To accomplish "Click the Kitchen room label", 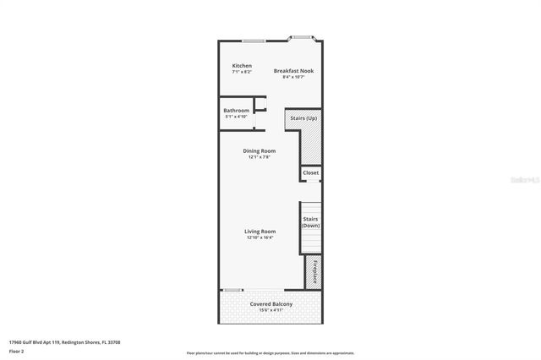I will pyautogui.click(x=242, y=66).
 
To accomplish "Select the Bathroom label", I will pyautogui.click(x=237, y=111).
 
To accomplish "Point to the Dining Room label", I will pyautogui.click(x=260, y=151).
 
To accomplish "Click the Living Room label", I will pyautogui.click(x=260, y=232).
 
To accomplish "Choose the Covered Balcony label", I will pyautogui.click(x=271, y=303).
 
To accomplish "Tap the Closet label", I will pyautogui.click(x=311, y=172).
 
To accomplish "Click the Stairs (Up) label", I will pyautogui.click(x=303, y=117).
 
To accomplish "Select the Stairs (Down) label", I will pyautogui.click(x=310, y=222).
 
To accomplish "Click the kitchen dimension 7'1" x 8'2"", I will pyautogui.click(x=242, y=72).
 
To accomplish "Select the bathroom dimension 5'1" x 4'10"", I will pyautogui.click(x=237, y=117).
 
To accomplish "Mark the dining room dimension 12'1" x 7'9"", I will pyautogui.click(x=260, y=157).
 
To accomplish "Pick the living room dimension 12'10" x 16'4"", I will pyautogui.click(x=260, y=237).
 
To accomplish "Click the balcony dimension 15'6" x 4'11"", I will pyautogui.click(x=271, y=309).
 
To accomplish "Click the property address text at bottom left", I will pyautogui.click(x=65, y=342).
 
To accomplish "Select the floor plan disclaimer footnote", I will pyautogui.click(x=270, y=353).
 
